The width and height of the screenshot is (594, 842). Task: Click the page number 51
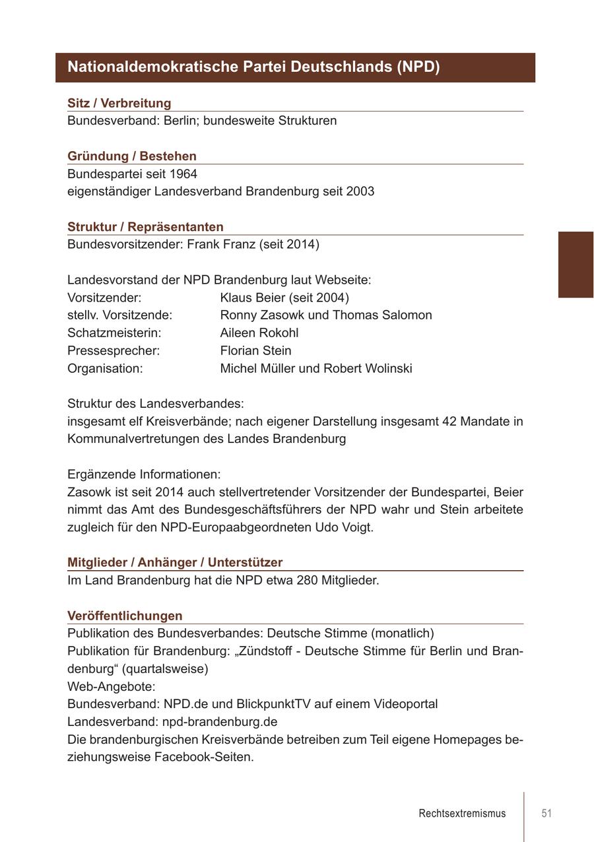[546, 813]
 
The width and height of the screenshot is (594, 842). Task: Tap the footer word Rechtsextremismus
[462, 813]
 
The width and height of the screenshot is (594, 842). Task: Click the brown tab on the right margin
[576, 264]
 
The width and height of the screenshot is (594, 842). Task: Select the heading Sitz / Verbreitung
[119, 103]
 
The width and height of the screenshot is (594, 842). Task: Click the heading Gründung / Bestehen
[132, 156]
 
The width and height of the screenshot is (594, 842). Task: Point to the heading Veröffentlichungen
[125, 616]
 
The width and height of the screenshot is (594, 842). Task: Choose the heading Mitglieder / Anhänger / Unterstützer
[175, 562]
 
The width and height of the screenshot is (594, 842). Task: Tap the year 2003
[360, 191]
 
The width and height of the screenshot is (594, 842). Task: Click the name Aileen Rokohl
[259, 333]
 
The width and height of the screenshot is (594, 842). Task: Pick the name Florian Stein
[255, 350]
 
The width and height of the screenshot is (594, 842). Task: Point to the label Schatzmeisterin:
[114, 333]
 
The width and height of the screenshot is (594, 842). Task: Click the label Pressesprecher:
[114, 350]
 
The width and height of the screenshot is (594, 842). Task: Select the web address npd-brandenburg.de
[220, 722]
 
